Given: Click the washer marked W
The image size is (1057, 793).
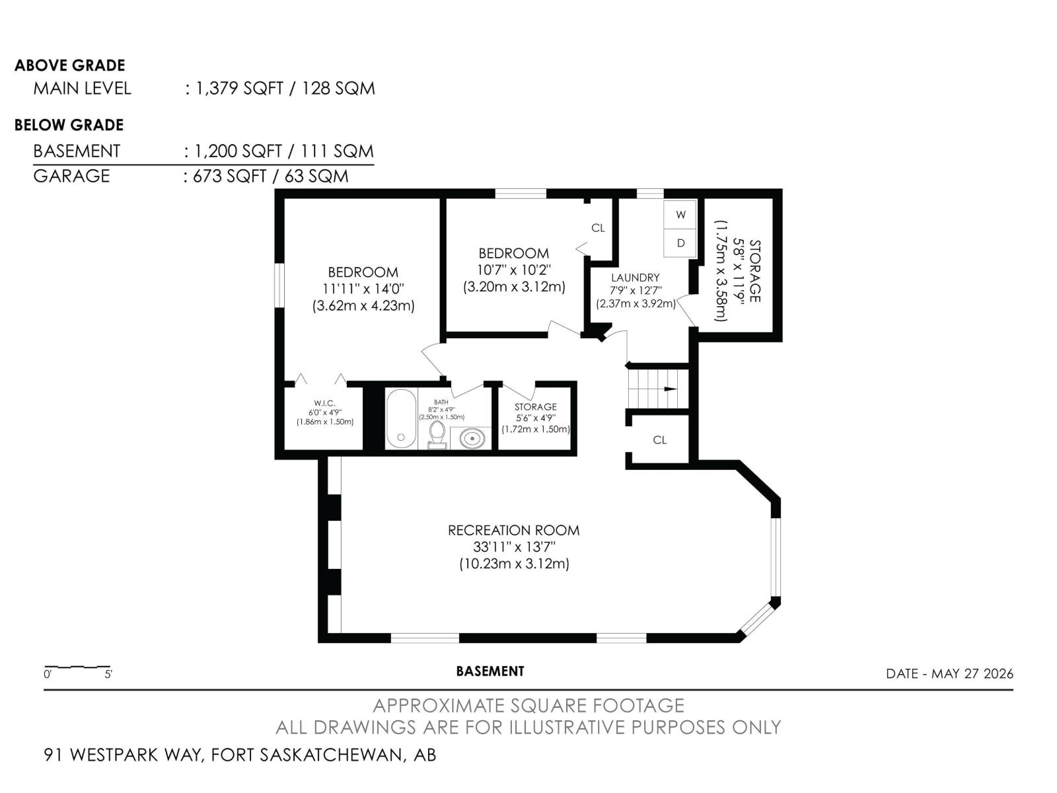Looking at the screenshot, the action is tap(680, 215).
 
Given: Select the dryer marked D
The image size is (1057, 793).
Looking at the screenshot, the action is tap(680, 243).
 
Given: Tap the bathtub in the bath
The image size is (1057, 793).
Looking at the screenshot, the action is tap(400, 418).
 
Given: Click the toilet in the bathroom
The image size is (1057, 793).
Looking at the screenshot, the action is tap(437, 435).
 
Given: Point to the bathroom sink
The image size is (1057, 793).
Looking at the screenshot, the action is tap(471, 438).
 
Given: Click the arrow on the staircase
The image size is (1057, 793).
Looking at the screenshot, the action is tap(671, 389).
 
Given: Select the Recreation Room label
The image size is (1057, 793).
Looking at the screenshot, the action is tap(513, 530).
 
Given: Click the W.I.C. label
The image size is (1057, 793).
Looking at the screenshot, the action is tap(324, 403).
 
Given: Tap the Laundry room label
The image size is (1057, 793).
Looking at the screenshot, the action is tap(635, 278).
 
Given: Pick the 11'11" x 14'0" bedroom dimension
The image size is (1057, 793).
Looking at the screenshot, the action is tap(363, 289).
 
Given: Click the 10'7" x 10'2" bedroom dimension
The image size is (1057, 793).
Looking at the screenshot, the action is tap(514, 270).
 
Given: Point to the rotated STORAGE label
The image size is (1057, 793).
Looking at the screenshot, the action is tap(754, 270).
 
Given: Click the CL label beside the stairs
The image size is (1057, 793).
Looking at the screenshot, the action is tap(660, 439).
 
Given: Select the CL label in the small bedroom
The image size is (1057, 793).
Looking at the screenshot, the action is tap(598, 228).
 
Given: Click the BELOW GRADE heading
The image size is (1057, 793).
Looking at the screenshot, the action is tap(69, 125).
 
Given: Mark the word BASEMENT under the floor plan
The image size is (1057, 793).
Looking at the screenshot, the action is tap(490, 671).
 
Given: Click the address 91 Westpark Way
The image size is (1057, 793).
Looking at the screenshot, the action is tap(122, 755).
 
